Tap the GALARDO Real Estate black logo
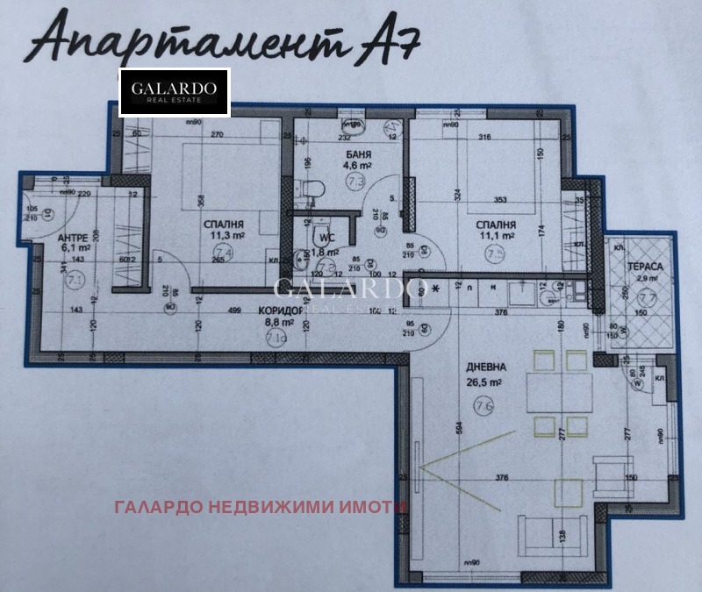point(174,92)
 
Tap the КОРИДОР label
point(280,310)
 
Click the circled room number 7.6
point(482,406)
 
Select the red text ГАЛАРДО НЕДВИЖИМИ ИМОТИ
point(261,507)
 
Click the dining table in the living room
point(557,390)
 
